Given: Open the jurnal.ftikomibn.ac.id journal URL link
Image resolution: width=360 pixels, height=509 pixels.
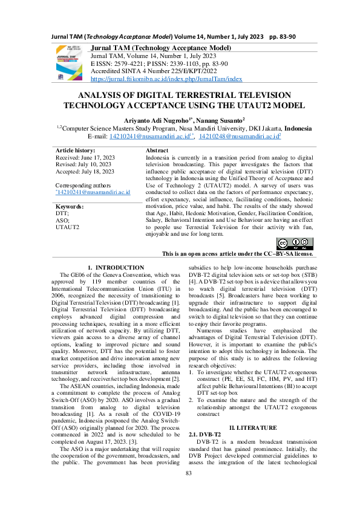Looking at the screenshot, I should [x=166, y=79].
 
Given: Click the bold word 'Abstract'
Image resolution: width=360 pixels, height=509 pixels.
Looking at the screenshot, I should [x=157, y=149].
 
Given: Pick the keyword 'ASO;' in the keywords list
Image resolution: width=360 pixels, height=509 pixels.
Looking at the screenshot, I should [x=62, y=221].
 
